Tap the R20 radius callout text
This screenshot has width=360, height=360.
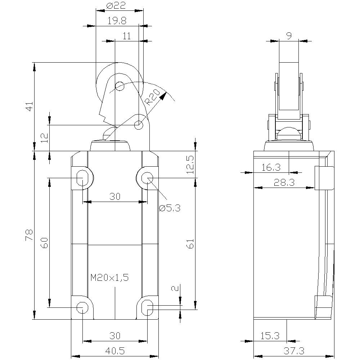click(153, 97)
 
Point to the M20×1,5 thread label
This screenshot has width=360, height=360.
click(109, 278)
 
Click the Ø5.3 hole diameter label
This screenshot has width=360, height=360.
click(169, 208)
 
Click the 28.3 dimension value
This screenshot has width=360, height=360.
click(284, 183)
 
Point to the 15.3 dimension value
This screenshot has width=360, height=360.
click(270, 336)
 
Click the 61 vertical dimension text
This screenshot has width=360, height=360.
click(190, 244)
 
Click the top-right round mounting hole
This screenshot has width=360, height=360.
click(147, 177)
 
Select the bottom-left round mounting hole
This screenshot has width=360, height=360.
click(82, 307)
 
